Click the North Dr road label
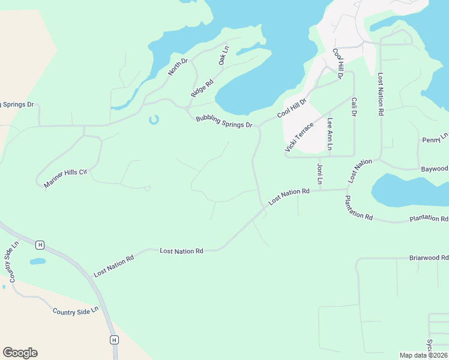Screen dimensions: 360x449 tap(178, 67)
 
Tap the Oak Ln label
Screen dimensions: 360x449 tap(224, 56)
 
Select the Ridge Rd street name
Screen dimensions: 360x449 tap(202, 89)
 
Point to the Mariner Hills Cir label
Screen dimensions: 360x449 tap(65, 179)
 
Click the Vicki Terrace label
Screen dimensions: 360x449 tap(300, 137)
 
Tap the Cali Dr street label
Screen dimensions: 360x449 tap(354, 107)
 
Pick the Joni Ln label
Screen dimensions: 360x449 tap(320, 173)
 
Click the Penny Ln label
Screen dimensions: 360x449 tap(435, 139)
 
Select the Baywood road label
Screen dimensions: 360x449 tap(434, 169)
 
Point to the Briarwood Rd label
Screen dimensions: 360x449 tap(429, 257)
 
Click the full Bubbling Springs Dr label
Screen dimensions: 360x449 tap(224, 122)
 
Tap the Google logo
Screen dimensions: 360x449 tap(20, 352)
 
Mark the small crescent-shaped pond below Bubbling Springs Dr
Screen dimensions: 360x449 tap(154, 120)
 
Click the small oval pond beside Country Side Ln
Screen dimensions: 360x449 tap(37, 262)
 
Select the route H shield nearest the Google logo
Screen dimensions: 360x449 tap(114, 340)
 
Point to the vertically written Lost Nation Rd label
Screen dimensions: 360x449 tap(380, 94)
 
